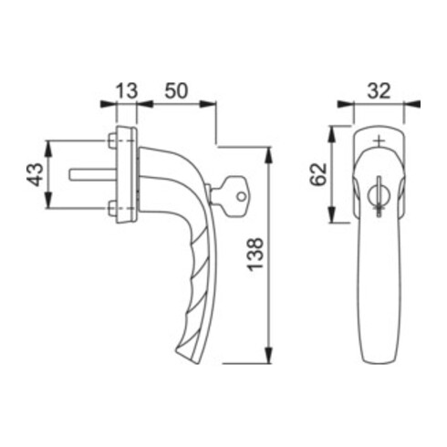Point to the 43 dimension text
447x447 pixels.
coord(35,173)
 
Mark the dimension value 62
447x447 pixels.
coord(319,173)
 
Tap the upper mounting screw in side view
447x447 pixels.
coord(112,140)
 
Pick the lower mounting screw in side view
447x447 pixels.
coord(112,209)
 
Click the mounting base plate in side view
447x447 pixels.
coord(128,173)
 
